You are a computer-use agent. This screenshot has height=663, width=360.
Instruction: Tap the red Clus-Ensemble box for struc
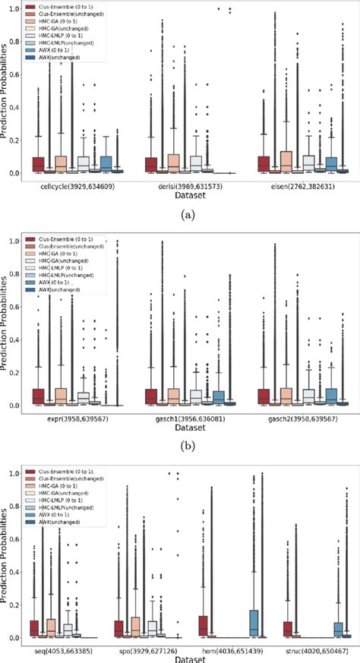tap(286, 629)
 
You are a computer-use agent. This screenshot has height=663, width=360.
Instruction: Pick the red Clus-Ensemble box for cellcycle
tap(38, 164)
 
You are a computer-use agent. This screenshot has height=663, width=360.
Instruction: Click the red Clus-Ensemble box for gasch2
tap(264, 396)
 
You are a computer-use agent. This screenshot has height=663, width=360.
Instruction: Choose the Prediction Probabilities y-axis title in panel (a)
tap(6, 91)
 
